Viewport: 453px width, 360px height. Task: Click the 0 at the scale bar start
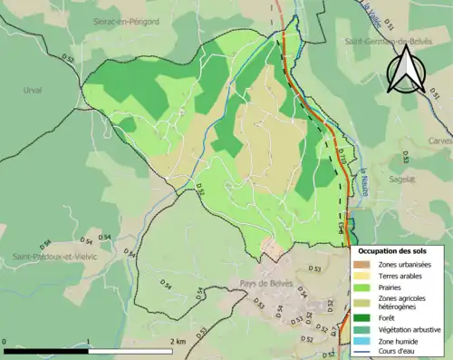[x=5, y=342]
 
